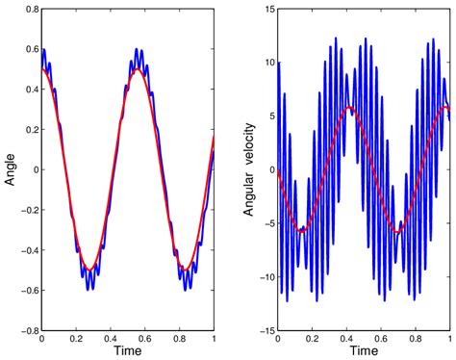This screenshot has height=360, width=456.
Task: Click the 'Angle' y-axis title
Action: pyautogui.click(x=11, y=169)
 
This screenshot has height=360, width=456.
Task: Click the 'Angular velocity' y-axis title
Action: pyautogui.click(x=248, y=169)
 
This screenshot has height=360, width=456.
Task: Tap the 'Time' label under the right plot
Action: pyautogui.click(x=364, y=353)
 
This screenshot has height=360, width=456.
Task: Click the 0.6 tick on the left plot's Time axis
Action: pyautogui.click(x=144, y=340)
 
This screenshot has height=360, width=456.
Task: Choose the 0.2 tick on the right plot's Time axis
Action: pyautogui.click(x=312, y=340)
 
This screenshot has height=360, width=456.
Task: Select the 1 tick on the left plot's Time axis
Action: pyautogui.click(x=213, y=340)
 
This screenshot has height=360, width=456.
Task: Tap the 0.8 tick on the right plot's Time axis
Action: pyautogui.click(x=415, y=340)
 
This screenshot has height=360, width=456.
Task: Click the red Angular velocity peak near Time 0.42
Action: pyautogui.click(x=350, y=108)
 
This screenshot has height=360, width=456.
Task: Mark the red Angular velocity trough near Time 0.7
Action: pyautogui.click(x=398, y=231)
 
